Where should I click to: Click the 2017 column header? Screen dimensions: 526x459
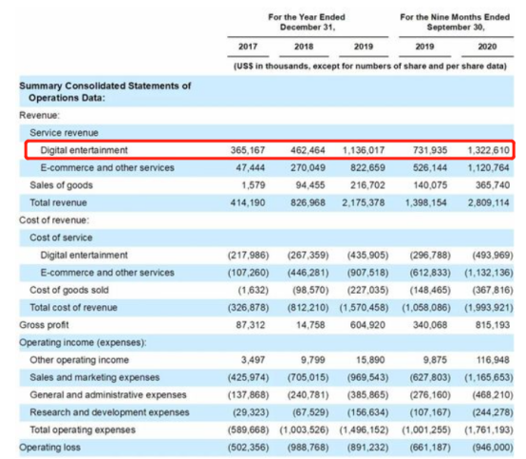248,47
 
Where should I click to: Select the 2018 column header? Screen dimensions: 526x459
304,47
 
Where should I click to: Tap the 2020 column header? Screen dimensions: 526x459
487,47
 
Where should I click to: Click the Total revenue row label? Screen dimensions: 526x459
58,202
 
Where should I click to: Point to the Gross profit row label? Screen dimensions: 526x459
44,325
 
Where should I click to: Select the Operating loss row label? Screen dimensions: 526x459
49,447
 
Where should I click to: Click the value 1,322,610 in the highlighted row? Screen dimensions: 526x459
488,150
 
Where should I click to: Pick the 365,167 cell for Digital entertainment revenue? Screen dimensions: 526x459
248,150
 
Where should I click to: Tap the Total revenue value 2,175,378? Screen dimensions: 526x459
364,202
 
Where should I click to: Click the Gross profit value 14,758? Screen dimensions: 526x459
310,325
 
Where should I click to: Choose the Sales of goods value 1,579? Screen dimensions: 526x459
254,185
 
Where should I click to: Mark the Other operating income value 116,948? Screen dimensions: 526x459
493,359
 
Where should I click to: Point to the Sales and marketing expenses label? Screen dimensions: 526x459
95,377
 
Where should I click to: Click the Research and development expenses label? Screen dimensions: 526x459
109,412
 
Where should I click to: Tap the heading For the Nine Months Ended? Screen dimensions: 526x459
455,17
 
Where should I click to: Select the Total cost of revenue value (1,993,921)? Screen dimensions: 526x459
489,307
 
